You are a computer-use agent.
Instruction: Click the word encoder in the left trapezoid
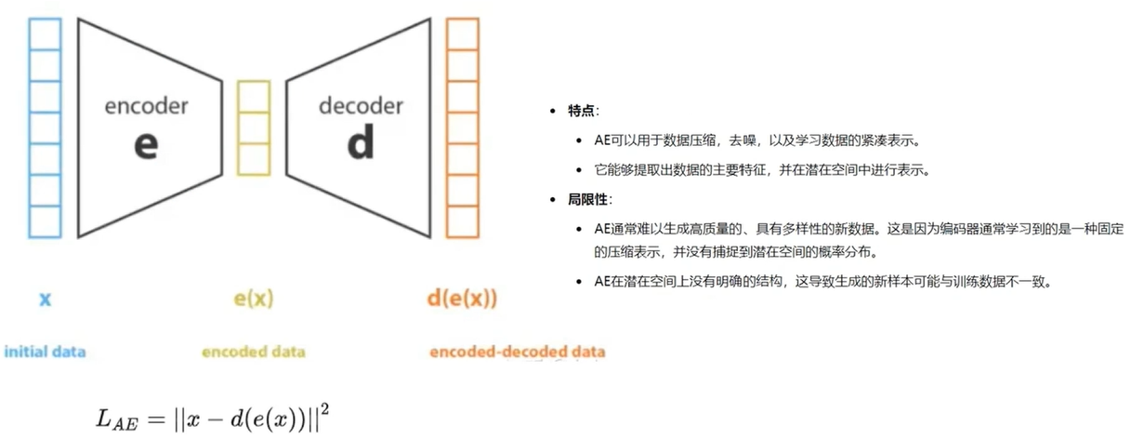pos(146,106)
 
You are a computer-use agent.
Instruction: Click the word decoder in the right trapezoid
pos(361,106)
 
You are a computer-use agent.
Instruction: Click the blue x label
pos(45,299)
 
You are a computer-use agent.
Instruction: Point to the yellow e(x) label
pos(253,299)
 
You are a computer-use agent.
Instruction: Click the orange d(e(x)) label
pos(462,299)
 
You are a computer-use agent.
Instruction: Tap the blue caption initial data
pos(45,352)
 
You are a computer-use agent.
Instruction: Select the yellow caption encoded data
pos(253,352)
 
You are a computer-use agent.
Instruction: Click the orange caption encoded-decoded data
pos(517,352)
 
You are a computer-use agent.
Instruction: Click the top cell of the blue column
pos(45,33)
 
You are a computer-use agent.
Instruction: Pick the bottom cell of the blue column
pos(45,221)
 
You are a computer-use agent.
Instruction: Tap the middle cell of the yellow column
pos(253,127)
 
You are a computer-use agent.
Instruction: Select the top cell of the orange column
pos(462,33)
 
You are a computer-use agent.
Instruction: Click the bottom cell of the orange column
pos(462,221)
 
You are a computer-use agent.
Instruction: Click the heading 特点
pos(584,111)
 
